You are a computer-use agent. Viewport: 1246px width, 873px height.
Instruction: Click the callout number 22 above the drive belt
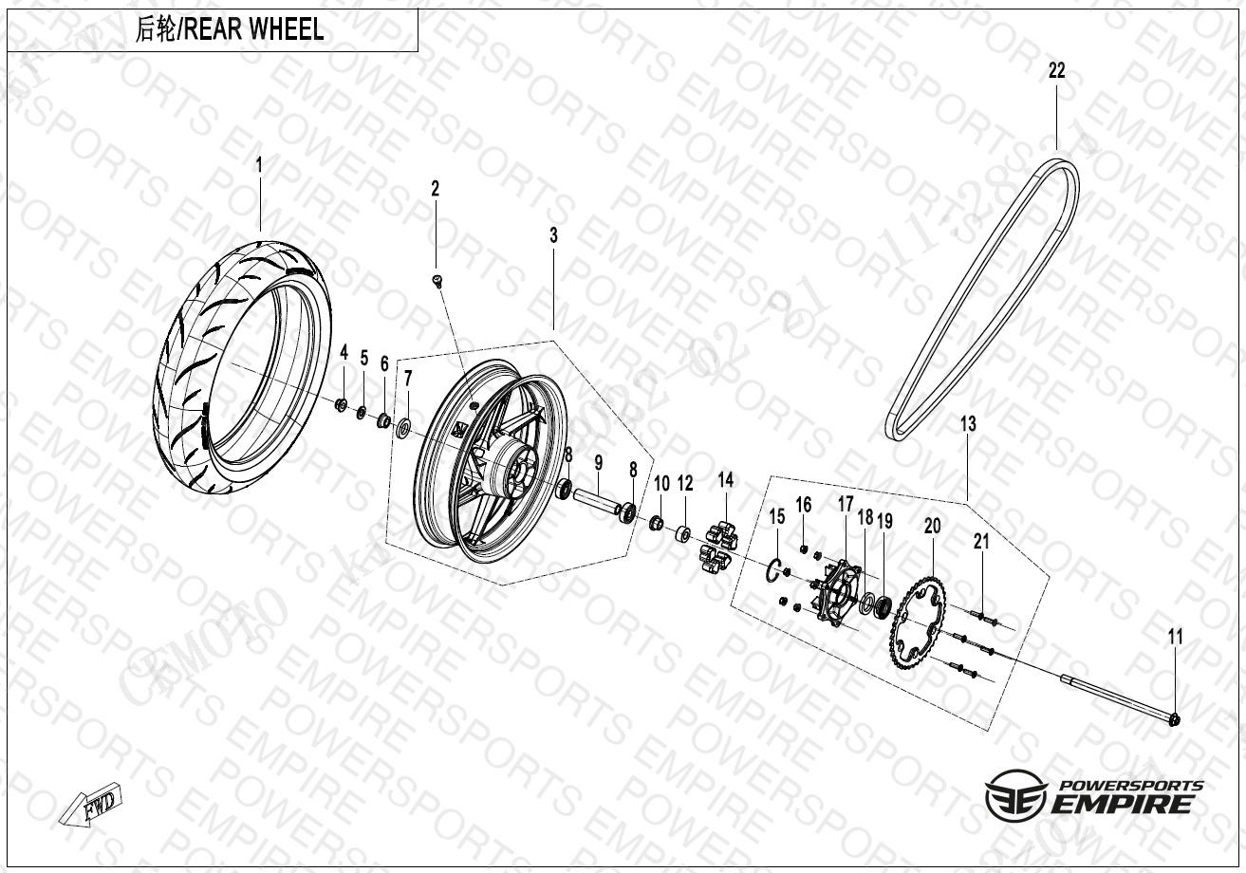coord(1056,70)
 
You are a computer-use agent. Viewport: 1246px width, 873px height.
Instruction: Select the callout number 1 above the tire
coord(258,165)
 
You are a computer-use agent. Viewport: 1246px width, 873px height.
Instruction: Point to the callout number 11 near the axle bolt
coord(1176,638)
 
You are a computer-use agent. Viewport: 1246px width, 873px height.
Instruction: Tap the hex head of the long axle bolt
coord(1174,719)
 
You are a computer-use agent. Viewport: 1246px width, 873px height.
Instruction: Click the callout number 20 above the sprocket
coord(932,525)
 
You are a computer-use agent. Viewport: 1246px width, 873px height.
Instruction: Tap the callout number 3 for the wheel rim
coord(554,234)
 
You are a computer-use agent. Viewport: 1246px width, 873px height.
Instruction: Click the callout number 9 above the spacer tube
coord(599,464)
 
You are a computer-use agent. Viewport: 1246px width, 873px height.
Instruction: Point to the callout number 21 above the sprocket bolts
coord(981,542)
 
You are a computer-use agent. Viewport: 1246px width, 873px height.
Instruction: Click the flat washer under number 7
coord(403,427)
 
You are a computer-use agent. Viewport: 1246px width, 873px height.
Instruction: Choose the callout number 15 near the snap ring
coord(777,517)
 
